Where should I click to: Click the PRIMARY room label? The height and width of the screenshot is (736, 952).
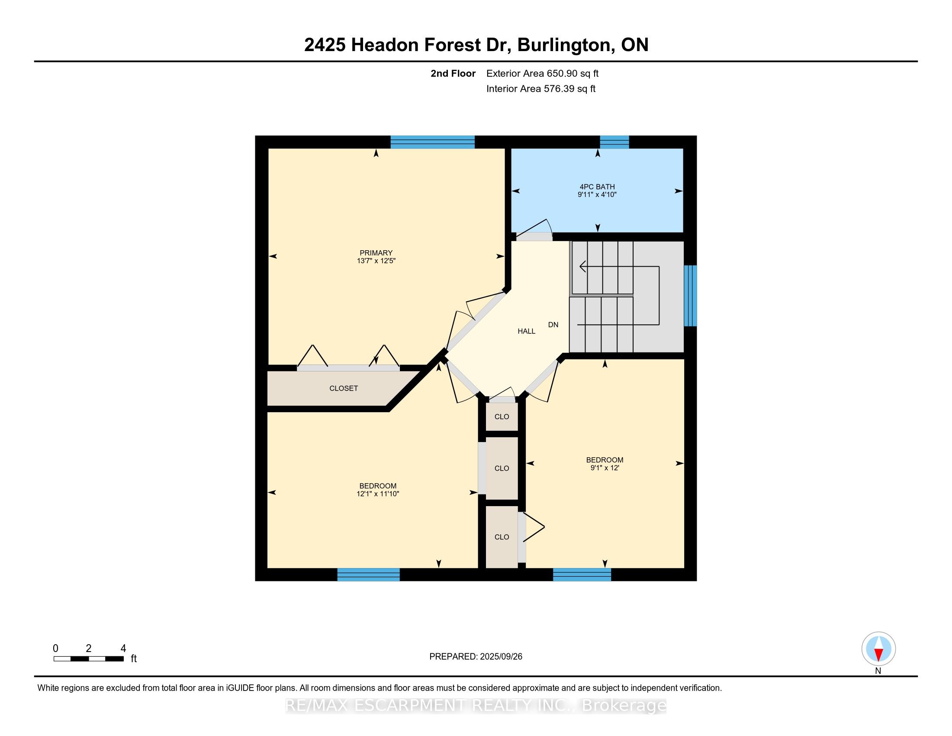[376, 252]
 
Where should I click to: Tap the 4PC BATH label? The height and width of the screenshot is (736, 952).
[597, 187]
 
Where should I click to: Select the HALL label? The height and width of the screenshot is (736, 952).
[526, 331]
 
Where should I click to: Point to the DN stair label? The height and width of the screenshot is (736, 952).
[553, 325]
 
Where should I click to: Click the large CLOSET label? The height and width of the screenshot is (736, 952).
[344, 388]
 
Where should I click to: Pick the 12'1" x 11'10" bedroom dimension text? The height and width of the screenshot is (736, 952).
[377, 494]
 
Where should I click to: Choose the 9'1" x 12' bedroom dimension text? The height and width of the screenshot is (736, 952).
[605, 468]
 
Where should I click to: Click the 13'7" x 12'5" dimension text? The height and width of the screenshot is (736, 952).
[376, 261]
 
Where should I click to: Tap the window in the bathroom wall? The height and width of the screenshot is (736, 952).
[614, 142]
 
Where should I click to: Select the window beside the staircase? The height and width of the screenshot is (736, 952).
[690, 296]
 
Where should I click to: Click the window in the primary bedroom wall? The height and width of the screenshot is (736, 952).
[432, 142]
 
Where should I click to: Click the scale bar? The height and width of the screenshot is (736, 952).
[88, 659]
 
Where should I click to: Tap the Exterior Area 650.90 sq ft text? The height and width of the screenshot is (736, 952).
[542, 74]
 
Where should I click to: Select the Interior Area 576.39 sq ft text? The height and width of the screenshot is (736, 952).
[540, 89]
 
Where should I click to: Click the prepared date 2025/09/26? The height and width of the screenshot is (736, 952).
[500, 657]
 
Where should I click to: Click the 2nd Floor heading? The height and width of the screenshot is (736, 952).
[453, 74]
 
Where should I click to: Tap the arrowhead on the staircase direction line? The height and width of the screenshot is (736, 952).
[582, 266]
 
